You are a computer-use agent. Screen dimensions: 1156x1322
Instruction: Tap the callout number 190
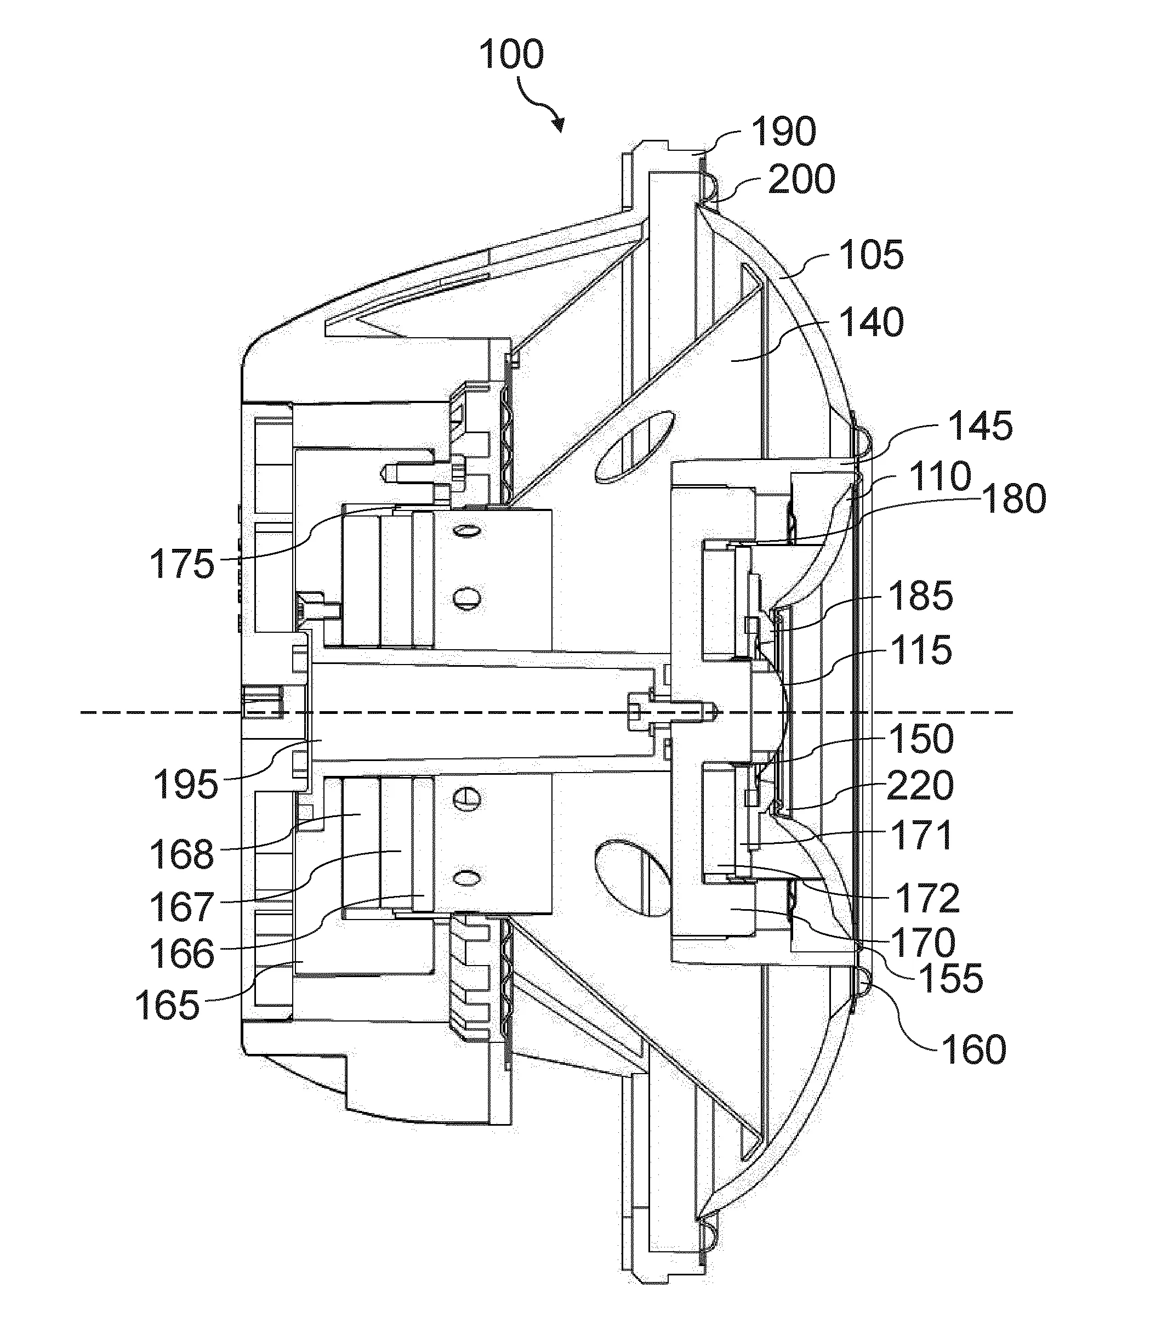pyautogui.click(x=784, y=132)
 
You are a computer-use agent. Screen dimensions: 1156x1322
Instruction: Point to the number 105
pyautogui.click(x=871, y=255)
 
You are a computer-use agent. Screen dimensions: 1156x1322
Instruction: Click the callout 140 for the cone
pyautogui.click(x=871, y=322)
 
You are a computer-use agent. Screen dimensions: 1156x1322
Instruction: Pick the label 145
pyautogui.click(x=980, y=426)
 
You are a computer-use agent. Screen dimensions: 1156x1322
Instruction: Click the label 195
pyautogui.click(x=186, y=785)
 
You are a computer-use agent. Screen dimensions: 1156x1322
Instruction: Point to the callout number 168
pyautogui.click(x=182, y=854)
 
